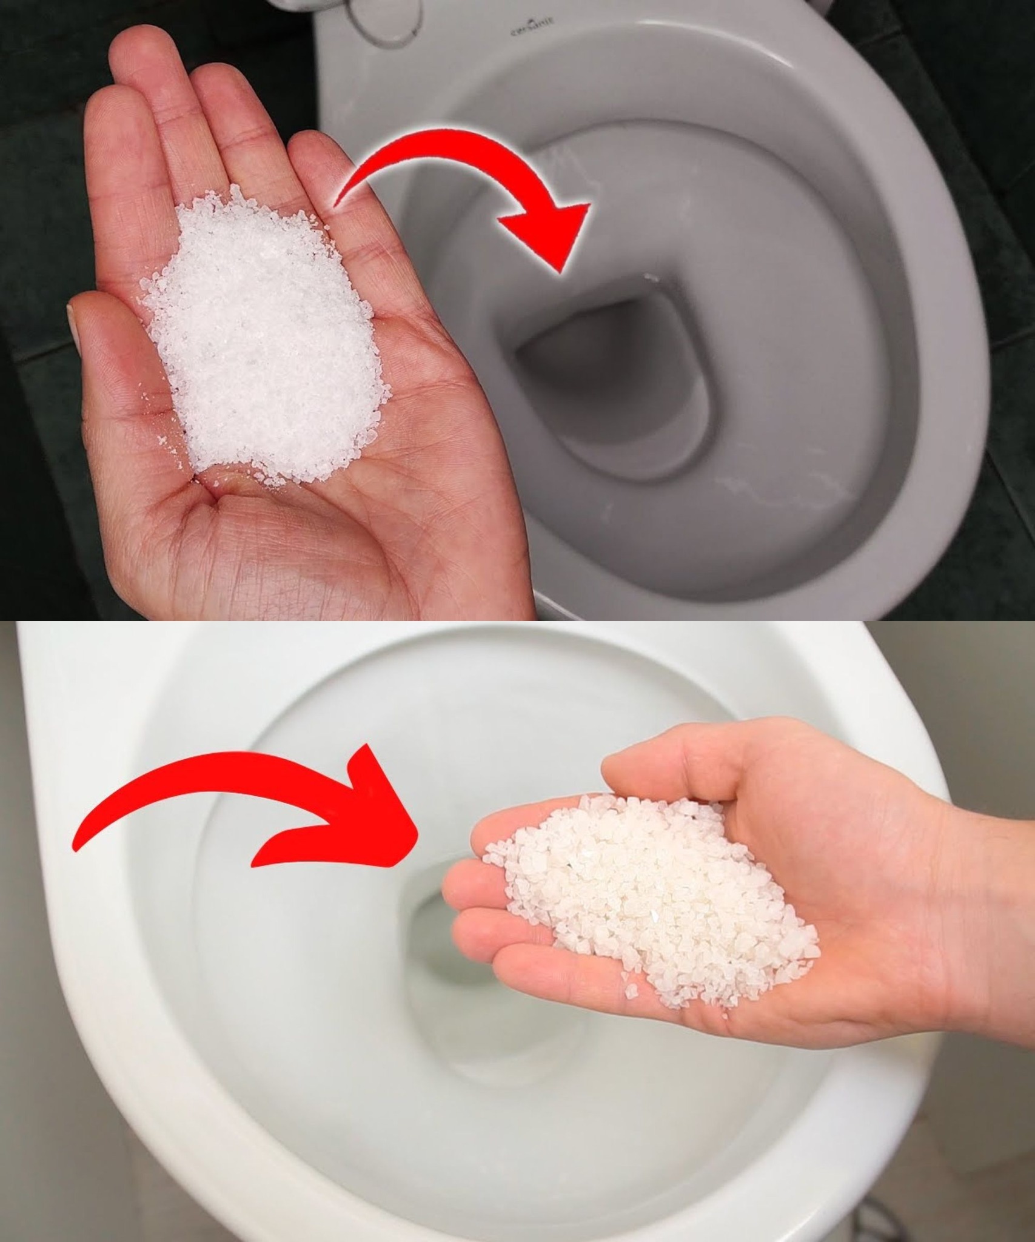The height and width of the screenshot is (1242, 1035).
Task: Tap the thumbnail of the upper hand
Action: [x=75, y=327]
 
